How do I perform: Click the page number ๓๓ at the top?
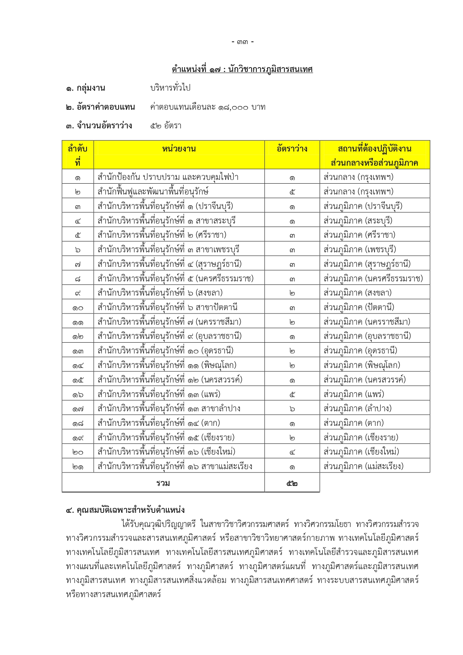[x=243, y=42]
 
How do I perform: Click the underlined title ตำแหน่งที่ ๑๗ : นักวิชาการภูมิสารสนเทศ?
[x=242, y=69]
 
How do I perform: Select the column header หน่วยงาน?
[x=179, y=149]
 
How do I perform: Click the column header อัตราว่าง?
[x=292, y=149]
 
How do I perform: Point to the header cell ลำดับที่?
[x=78, y=155]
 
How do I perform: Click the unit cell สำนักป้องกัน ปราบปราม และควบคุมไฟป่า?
[x=168, y=177]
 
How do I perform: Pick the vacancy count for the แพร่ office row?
[x=292, y=394]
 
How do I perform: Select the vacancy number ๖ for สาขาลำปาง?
[x=292, y=409]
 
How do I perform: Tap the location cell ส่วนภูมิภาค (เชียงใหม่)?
[x=361, y=452]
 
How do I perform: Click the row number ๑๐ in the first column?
[x=78, y=308]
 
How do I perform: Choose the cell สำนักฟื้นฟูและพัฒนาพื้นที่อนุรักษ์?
[x=153, y=192]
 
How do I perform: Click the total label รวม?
[x=163, y=483]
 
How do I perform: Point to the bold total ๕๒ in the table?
[x=292, y=483]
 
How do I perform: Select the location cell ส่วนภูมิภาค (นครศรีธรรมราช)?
[x=373, y=278]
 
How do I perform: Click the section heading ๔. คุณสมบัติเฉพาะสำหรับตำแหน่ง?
[x=125, y=510]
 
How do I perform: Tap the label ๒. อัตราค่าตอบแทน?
[x=100, y=107]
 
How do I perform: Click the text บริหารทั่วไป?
[x=170, y=88]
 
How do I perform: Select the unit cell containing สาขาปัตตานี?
[x=168, y=308]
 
